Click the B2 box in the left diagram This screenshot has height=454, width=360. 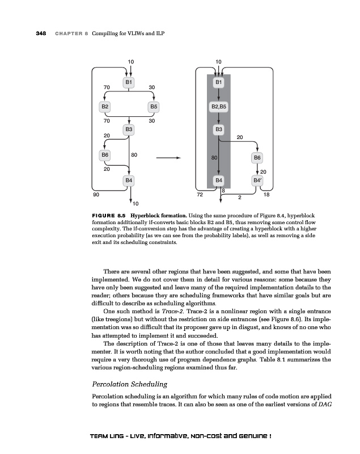[105, 106]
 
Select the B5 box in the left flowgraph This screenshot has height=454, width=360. [154, 106]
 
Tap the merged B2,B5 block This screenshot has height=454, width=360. [219, 106]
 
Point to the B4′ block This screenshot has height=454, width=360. [257, 181]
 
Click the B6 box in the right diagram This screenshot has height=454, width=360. [257, 157]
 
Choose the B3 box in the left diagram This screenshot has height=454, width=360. [129, 129]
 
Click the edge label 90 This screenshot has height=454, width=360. [96, 195]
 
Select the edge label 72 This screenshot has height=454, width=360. [199, 195]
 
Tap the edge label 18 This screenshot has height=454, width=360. [267, 195]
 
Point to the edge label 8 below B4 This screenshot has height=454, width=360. [223, 191]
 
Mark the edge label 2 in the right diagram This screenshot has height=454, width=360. [240, 198]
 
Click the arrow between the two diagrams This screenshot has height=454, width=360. [168, 158]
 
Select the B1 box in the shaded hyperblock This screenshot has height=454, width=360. [219, 82]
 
